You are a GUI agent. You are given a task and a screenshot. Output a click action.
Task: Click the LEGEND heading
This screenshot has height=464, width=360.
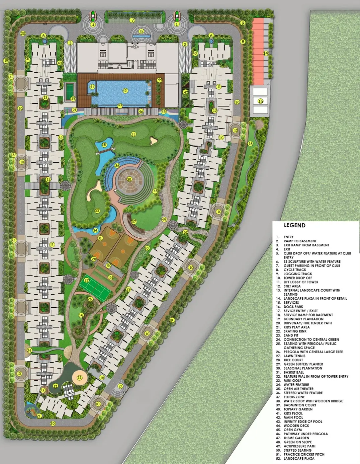(x=294, y=225)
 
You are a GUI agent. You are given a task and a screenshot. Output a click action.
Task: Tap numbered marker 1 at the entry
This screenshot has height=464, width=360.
(x=177, y=24)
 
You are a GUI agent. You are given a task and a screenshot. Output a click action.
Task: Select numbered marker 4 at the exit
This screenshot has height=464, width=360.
(x=93, y=24)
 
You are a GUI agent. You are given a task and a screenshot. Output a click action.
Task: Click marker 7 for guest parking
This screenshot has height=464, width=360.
(x=132, y=20)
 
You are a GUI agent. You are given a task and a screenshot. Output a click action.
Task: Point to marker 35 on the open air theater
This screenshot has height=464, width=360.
(x=129, y=179)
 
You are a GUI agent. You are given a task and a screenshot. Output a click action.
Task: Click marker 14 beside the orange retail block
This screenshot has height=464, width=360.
(x=266, y=53)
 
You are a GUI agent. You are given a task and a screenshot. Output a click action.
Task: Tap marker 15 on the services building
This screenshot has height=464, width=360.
(x=261, y=101)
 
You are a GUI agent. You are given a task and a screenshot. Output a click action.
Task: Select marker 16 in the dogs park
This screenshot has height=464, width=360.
(x=250, y=144)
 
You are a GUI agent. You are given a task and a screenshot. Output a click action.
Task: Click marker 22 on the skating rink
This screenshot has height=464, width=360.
(x=80, y=378)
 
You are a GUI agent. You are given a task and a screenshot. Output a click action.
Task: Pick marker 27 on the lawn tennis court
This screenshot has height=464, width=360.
(x=87, y=281)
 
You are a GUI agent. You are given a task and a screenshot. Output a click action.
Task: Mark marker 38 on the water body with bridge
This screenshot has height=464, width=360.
(x=104, y=145)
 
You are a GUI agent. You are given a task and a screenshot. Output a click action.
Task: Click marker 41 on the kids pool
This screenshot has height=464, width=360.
(x=92, y=87)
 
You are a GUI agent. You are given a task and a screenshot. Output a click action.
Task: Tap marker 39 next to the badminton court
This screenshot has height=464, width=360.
(x=73, y=99)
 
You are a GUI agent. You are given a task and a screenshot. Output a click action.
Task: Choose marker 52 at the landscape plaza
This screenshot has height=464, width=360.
(x=185, y=232)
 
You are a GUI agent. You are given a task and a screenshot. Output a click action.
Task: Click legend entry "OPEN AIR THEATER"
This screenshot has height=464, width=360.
(x=298, y=389)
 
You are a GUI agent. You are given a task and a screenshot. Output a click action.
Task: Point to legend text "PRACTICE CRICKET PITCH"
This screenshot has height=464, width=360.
(x=304, y=454)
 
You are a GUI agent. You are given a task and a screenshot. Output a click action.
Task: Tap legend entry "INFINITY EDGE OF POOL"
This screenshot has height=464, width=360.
(x=303, y=421)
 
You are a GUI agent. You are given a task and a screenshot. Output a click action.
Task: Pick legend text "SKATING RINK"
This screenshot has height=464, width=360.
(x=295, y=331)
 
